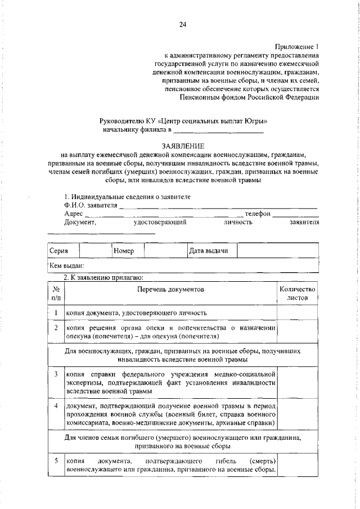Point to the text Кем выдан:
pos(67,265)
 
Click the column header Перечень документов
pos(170,289)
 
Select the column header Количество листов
pos(298,293)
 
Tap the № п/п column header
pos(56,293)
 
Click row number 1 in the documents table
pos(56,312)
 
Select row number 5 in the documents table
pos(56,461)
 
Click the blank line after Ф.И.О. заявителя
pos(219,206)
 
